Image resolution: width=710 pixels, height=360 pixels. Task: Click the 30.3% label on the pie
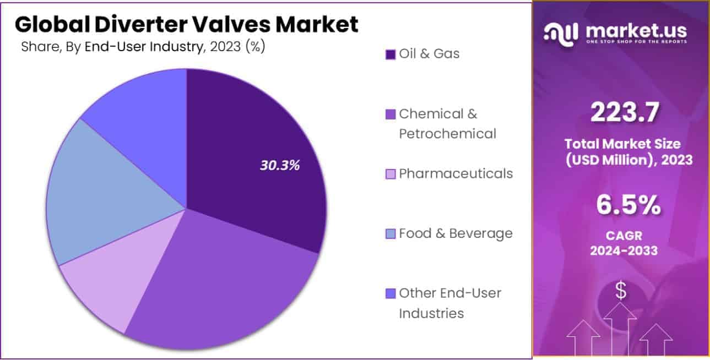(x=279, y=165)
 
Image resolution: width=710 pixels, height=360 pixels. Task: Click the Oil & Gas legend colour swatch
(x=391, y=54)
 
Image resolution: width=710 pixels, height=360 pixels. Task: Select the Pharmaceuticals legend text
(x=456, y=174)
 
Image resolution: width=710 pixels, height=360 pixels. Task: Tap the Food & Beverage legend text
(x=456, y=233)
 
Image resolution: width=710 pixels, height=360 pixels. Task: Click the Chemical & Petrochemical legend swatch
(x=391, y=114)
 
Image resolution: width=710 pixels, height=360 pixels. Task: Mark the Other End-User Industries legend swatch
(x=391, y=293)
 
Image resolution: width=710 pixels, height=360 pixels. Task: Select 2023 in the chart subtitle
(x=224, y=47)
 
